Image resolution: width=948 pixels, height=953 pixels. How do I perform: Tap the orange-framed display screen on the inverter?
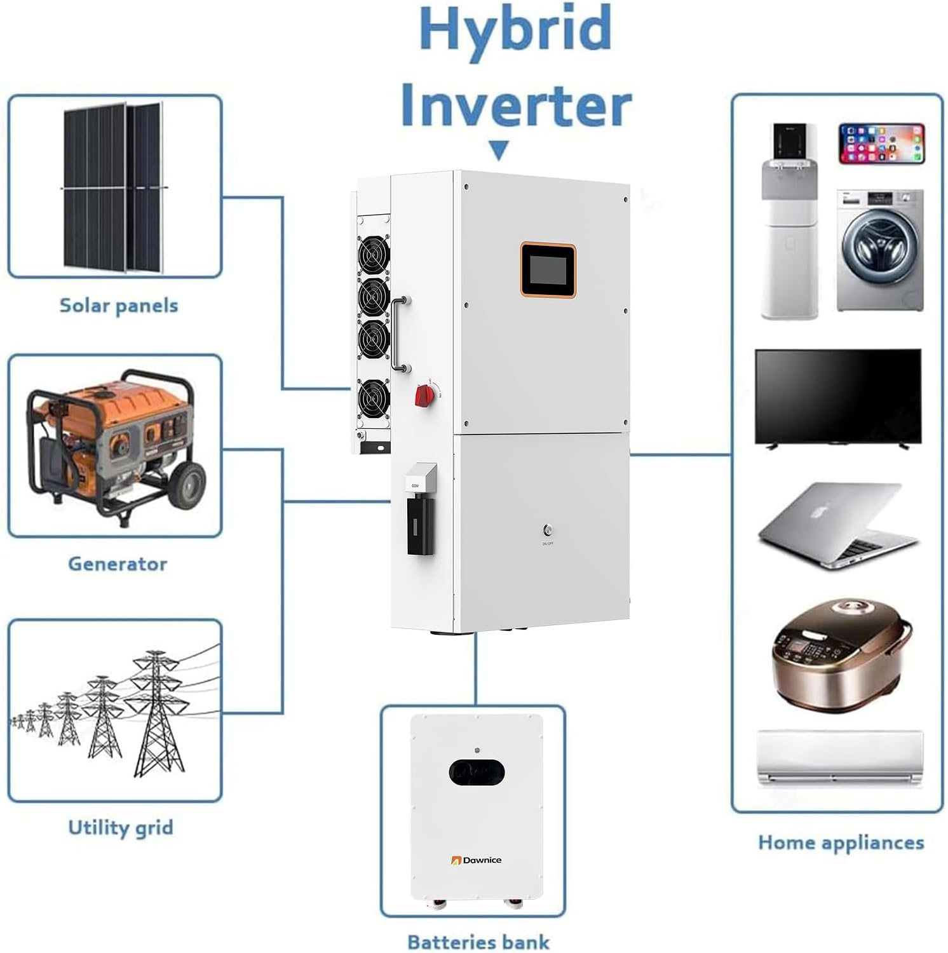(x=548, y=270)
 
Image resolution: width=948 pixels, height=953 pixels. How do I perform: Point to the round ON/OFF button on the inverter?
(x=547, y=529)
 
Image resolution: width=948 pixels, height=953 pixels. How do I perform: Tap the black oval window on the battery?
(x=477, y=772)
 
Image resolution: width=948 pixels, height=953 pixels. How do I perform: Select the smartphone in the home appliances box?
(x=881, y=144)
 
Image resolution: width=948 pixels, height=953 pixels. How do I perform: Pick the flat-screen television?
(x=837, y=397)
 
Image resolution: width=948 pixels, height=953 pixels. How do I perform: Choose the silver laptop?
(x=837, y=524)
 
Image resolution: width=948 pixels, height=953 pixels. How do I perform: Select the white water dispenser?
(x=790, y=222)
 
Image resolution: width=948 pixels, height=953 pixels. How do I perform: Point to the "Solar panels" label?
(x=119, y=306)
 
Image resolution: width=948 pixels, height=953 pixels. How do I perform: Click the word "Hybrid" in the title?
(x=515, y=30)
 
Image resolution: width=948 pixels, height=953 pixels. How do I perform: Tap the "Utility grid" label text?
(x=120, y=827)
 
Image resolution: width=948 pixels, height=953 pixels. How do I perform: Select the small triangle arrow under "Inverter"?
(x=499, y=151)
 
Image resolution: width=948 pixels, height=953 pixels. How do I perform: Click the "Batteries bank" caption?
(x=478, y=942)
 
